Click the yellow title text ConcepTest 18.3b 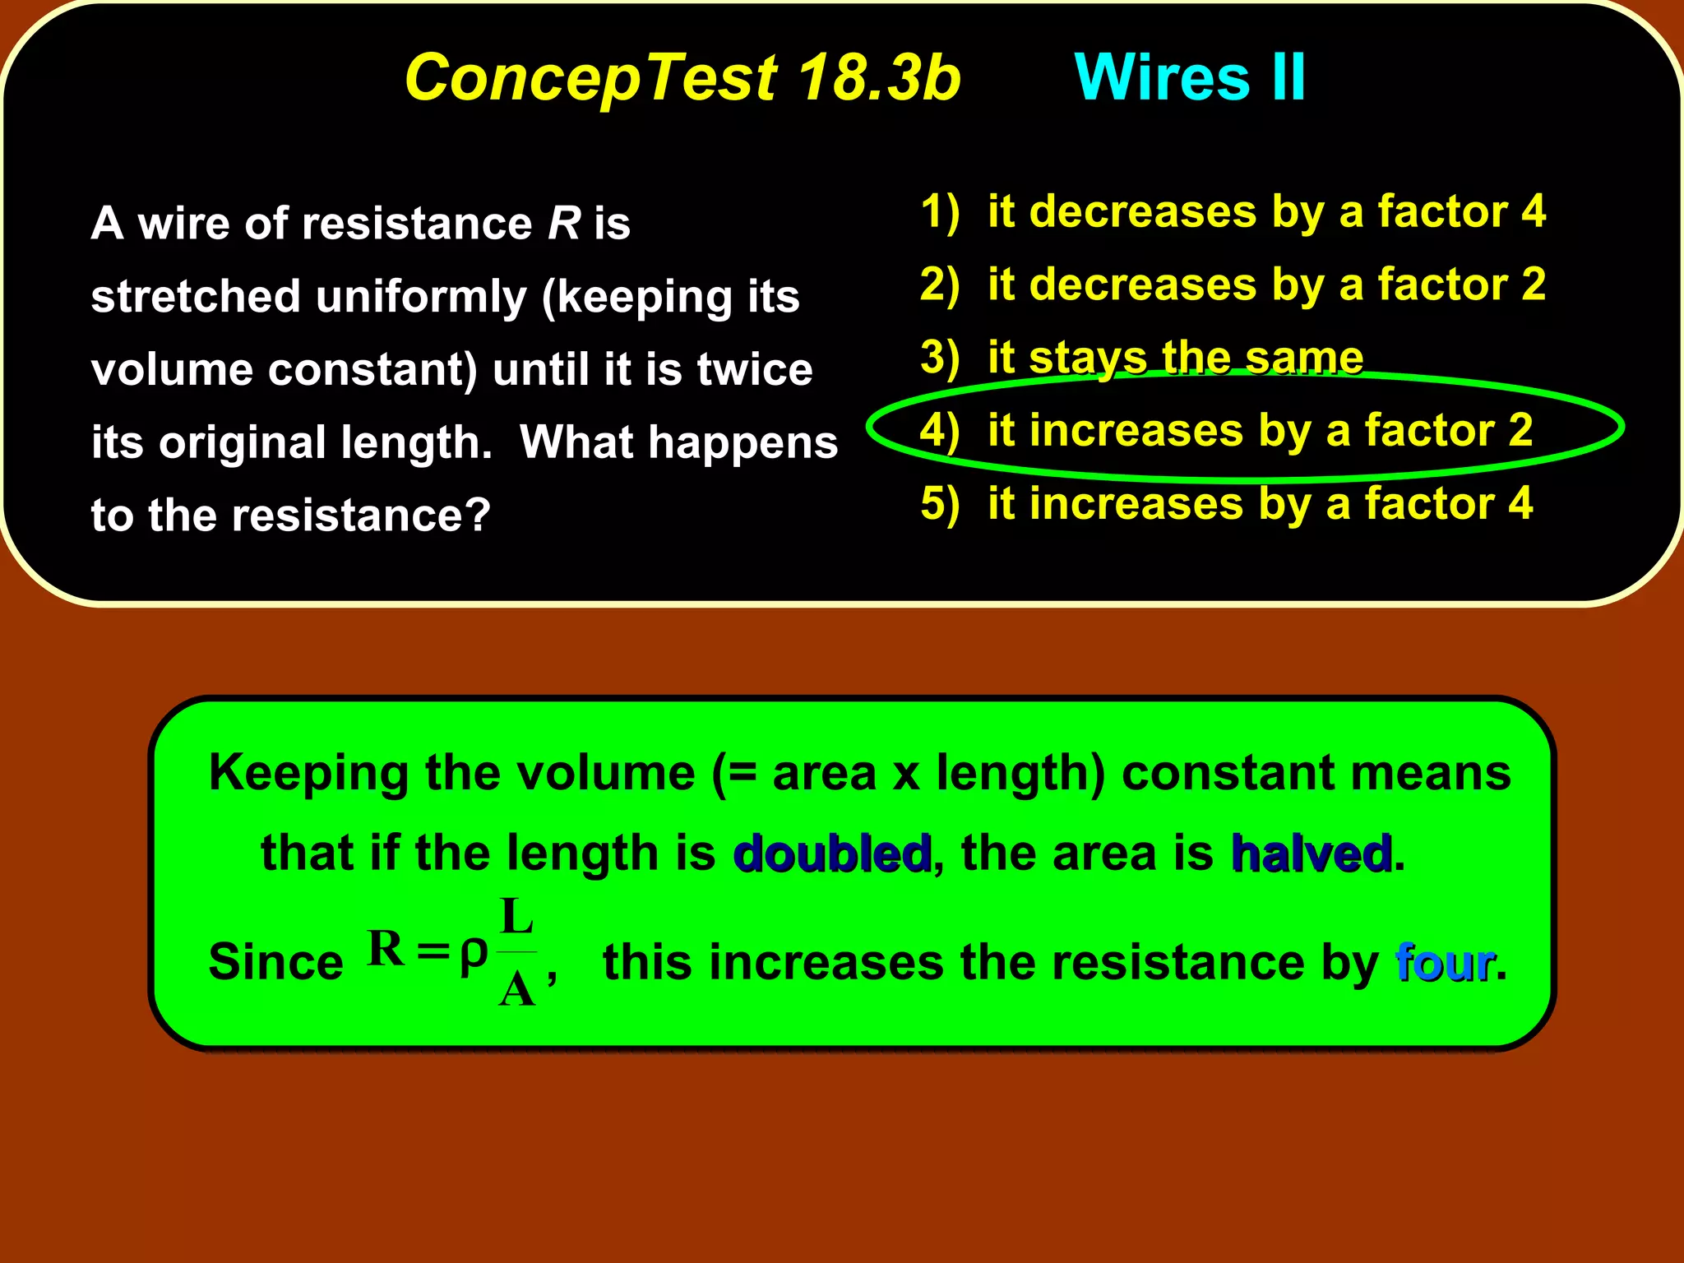coord(682,78)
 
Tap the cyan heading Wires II coord(1190,78)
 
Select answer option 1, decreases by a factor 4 coord(1233,211)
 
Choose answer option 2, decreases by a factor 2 coord(1233,285)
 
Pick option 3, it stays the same coord(1143,358)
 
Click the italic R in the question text coord(564,224)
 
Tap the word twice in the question coord(754,369)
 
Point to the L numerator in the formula coord(517,917)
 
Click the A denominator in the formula coord(517,989)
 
